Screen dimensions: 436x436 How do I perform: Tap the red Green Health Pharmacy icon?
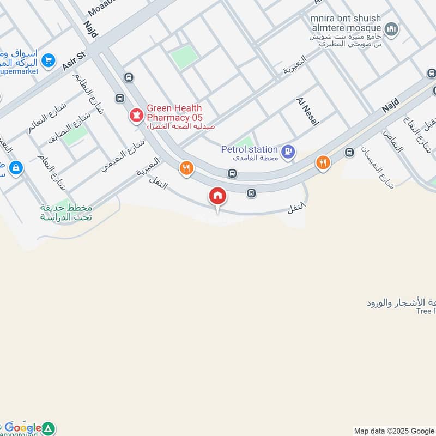click(136, 115)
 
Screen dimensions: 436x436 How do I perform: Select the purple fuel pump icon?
click(289, 152)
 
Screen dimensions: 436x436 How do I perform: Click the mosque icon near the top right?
click(391, 28)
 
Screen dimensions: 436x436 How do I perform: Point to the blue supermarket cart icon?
click(49, 61)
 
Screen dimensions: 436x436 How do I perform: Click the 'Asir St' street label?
click(75, 59)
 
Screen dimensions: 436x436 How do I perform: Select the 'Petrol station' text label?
click(250, 149)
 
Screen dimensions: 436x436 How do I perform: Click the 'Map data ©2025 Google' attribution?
click(395, 431)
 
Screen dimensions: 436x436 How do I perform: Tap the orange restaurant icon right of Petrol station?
click(323, 163)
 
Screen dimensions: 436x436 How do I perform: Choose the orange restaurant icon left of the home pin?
click(187, 168)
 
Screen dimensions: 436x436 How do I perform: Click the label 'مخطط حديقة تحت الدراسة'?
click(66, 213)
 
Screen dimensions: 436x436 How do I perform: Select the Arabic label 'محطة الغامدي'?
click(259, 158)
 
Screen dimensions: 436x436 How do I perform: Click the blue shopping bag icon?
click(16, 168)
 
